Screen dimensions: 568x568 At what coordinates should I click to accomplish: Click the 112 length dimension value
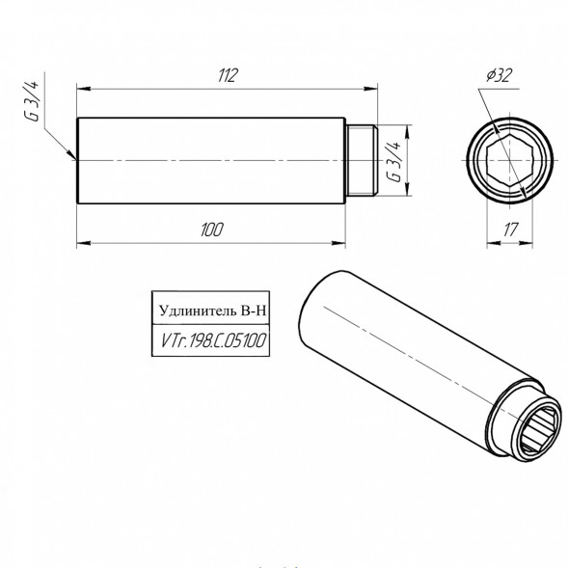point(228,75)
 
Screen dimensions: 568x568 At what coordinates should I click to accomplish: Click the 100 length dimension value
point(212,230)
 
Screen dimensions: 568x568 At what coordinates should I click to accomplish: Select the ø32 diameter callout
point(500,75)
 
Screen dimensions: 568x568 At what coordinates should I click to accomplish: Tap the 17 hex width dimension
point(511,230)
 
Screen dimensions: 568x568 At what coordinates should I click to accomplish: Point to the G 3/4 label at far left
point(31,101)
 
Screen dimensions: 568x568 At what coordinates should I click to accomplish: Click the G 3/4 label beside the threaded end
point(394,162)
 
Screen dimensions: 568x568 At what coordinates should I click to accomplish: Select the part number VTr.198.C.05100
point(213,340)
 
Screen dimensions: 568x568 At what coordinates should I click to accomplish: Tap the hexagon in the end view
point(510,160)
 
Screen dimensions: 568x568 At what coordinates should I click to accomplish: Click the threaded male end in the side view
point(362,160)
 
